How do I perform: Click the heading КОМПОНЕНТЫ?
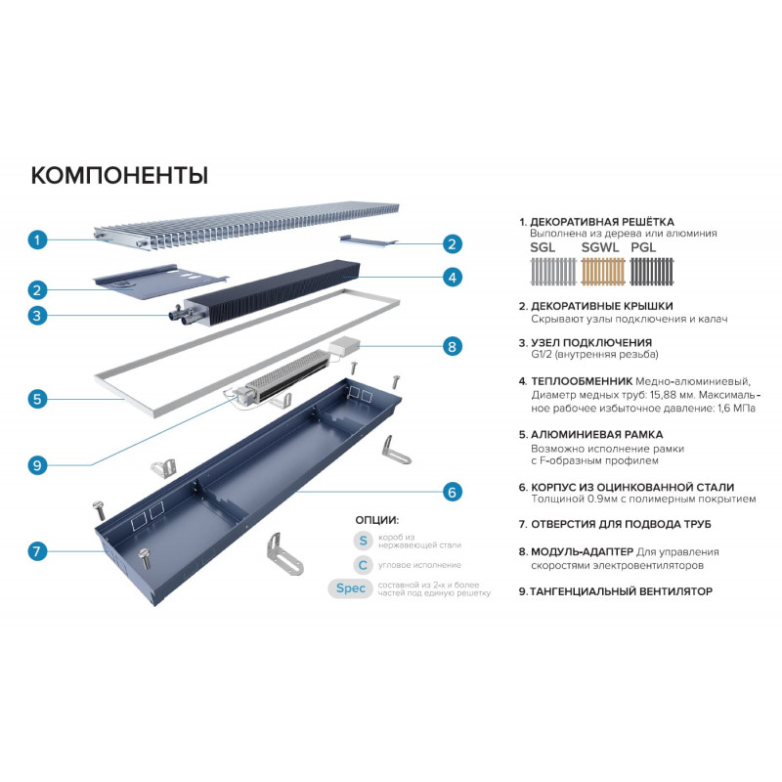(x=119, y=176)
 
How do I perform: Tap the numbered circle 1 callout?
(x=37, y=239)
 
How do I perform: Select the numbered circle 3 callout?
(x=37, y=316)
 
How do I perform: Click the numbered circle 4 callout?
(x=453, y=278)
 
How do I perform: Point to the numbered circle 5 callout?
(x=37, y=399)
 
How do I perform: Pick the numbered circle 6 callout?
(x=453, y=493)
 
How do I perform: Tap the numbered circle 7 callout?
(x=37, y=551)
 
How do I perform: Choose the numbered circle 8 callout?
(x=453, y=347)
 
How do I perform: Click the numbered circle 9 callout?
(x=37, y=466)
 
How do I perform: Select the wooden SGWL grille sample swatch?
(x=603, y=272)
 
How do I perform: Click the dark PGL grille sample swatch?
(x=652, y=272)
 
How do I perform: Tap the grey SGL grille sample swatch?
(x=553, y=272)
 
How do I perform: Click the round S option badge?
(x=363, y=541)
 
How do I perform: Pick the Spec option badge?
(x=350, y=588)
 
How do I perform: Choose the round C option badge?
(x=363, y=565)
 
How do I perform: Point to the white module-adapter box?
(x=343, y=345)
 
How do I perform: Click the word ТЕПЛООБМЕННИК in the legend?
(x=582, y=381)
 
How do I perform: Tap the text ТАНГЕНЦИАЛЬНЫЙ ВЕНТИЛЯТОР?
(x=621, y=591)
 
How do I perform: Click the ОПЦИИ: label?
(x=377, y=520)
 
